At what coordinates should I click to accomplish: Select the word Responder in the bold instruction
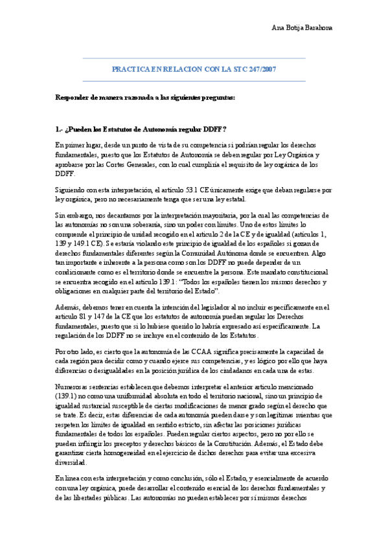point(72,98)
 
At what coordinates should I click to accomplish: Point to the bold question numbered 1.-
point(141,129)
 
